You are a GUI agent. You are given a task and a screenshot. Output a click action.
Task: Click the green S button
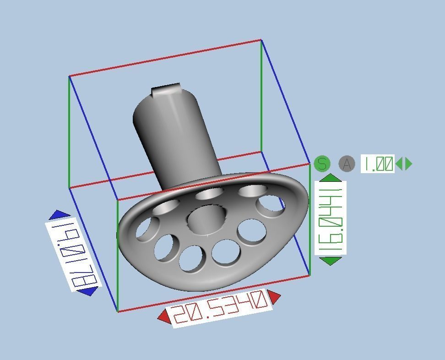tap(322, 164)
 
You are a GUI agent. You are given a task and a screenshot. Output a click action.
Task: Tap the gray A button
tap(347, 164)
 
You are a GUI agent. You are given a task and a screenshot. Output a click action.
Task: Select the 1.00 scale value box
tap(377, 164)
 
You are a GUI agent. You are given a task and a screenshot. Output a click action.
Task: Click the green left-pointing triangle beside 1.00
tap(399, 164)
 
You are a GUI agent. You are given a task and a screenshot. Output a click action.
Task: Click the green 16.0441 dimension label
tap(330, 218)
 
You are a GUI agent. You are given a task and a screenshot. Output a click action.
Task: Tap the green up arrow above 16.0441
tap(330, 178)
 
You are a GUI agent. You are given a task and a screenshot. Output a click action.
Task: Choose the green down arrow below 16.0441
tap(330, 261)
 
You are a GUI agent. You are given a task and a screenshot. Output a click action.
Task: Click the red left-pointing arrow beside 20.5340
tap(163, 316)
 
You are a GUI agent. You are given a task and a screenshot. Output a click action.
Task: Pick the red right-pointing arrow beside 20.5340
tap(274, 297)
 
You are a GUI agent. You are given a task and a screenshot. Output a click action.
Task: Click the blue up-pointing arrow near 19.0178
tap(60, 214)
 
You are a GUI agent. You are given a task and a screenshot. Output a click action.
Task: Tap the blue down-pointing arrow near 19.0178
tap(87, 291)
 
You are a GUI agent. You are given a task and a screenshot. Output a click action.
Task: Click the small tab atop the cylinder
tap(165, 89)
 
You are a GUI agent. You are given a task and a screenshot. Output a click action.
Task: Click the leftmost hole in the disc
tap(146, 228)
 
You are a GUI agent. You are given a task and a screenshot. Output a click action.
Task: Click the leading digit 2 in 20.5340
tap(180, 314)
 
